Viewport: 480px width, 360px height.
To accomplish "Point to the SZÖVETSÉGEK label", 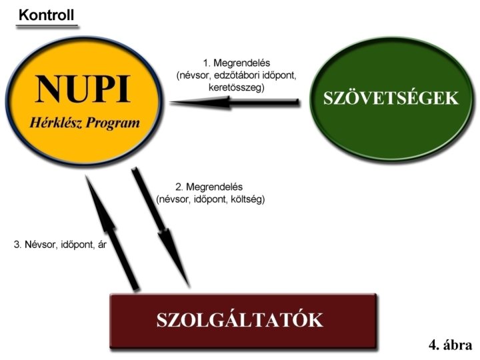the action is (x=391, y=99).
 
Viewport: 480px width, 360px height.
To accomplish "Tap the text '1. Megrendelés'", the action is (x=237, y=64).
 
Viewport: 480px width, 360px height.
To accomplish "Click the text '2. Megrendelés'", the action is (x=210, y=187).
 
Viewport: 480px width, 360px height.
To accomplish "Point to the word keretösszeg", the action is (x=237, y=87).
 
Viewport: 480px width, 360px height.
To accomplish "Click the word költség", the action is (x=247, y=199).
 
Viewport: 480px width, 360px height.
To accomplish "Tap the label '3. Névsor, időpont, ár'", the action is (x=60, y=245).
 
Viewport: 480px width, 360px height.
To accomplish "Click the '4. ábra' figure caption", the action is (x=450, y=345).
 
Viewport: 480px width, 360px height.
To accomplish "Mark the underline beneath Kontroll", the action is (x=47, y=26).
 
